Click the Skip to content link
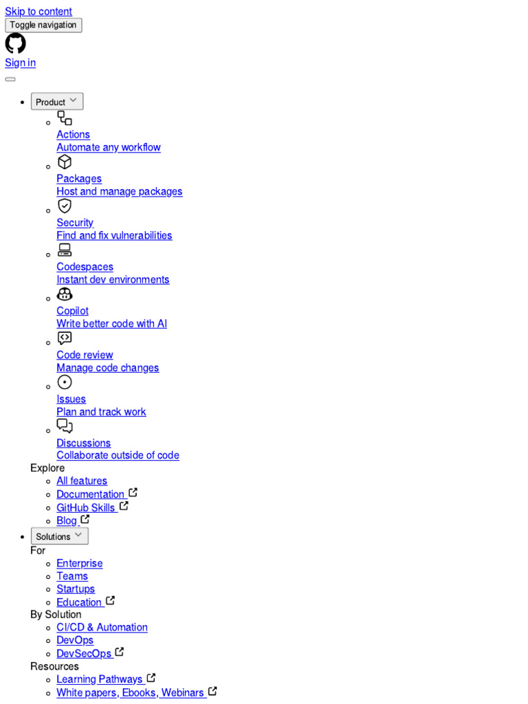[x=38, y=12]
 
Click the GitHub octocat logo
[x=15, y=43]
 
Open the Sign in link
[x=20, y=63]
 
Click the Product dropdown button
[x=57, y=102]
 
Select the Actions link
[x=73, y=135]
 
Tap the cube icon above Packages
[x=65, y=162]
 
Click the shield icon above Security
[x=65, y=206]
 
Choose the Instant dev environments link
[x=113, y=280]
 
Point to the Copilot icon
[x=65, y=294]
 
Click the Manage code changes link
[x=107, y=368]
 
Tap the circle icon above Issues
[x=65, y=382]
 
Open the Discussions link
[x=83, y=443]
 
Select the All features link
[x=82, y=481]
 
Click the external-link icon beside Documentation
[x=133, y=493]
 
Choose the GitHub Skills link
[x=86, y=508]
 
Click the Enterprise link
[x=79, y=564]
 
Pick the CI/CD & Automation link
[x=102, y=628]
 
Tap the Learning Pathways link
[x=100, y=679]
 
